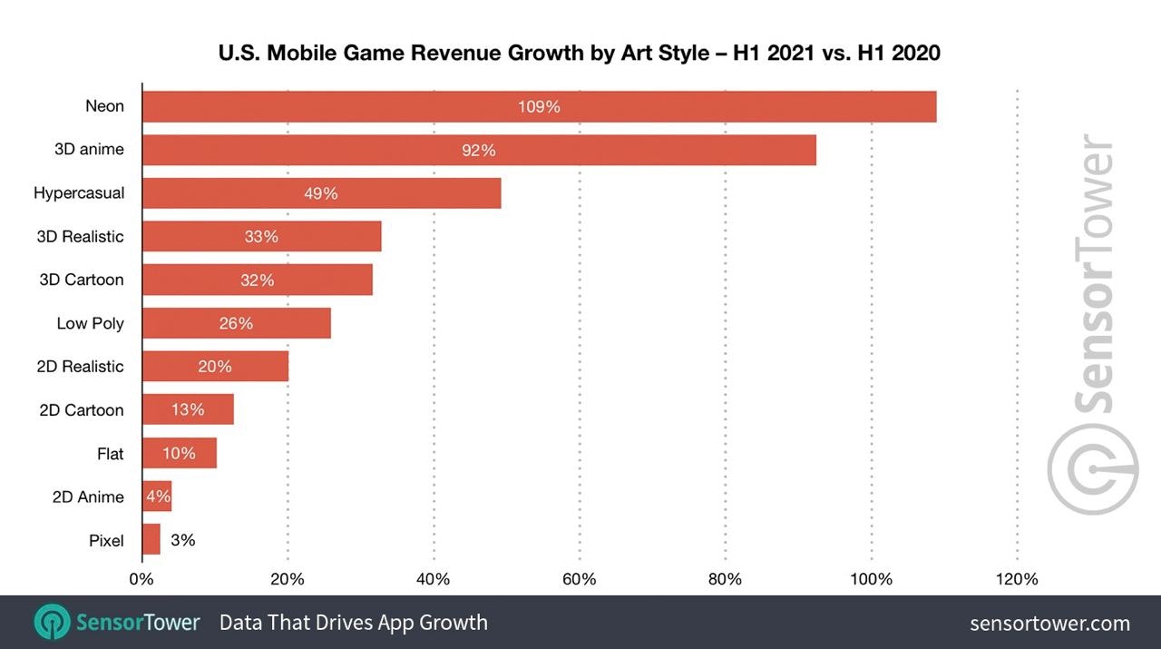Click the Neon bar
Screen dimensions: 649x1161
tap(539, 106)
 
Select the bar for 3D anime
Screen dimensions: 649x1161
tap(479, 150)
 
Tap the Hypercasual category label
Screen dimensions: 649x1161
tap(79, 193)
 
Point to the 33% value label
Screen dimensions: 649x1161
tap(261, 237)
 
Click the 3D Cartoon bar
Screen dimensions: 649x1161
tap(257, 280)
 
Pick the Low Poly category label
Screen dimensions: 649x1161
tap(90, 323)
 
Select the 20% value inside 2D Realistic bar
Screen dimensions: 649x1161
tap(215, 367)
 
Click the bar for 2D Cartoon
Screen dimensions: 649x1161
tap(188, 410)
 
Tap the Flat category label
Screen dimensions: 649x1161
tap(110, 454)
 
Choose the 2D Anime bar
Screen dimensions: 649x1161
tap(157, 497)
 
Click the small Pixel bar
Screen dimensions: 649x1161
tap(151, 540)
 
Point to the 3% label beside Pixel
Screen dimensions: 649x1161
tap(182, 540)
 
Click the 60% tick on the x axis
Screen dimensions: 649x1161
tap(580, 579)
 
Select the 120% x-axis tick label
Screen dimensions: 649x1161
tap(1018, 579)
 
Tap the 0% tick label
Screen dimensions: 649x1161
tap(141, 579)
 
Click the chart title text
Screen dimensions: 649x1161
tap(579, 53)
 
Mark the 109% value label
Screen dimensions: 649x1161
tap(539, 106)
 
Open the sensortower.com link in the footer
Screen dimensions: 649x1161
tap(1049, 624)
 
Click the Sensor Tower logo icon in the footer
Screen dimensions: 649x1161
tap(52, 623)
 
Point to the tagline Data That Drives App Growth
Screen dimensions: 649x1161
tap(353, 623)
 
